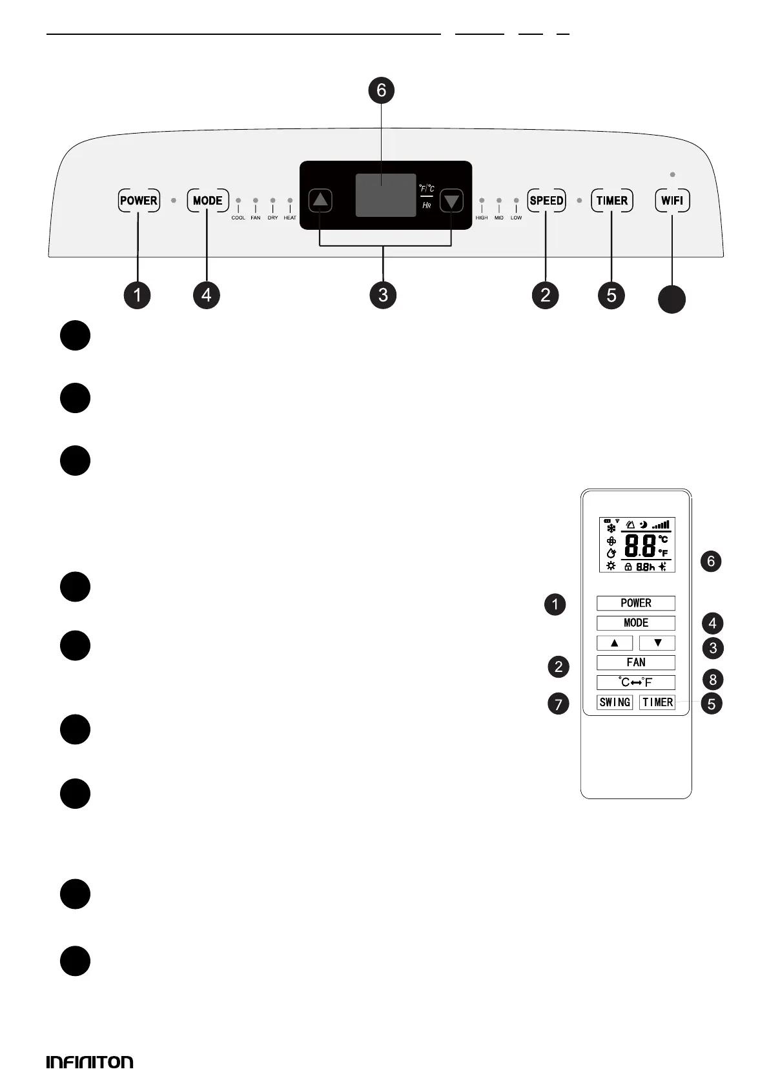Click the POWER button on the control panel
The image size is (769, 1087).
(139, 200)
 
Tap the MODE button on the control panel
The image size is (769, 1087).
(207, 200)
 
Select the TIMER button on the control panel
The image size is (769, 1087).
(611, 200)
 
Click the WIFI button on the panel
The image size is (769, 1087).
(672, 200)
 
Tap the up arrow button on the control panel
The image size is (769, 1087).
(320, 200)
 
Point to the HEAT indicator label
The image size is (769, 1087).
(290, 218)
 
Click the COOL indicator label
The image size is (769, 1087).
(238, 218)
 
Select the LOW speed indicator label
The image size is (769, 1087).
(517, 218)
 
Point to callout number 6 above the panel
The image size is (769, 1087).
(382, 90)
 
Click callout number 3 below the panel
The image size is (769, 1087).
(384, 295)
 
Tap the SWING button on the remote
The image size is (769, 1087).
(615, 702)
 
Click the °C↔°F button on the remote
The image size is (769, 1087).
(635, 682)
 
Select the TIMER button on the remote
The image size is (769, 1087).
(657, 702)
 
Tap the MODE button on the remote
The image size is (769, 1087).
(635, 623)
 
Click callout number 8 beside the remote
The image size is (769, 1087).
(713, 679)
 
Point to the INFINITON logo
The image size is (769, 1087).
(90, 1062)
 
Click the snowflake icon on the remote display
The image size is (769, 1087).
(611, 528)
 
